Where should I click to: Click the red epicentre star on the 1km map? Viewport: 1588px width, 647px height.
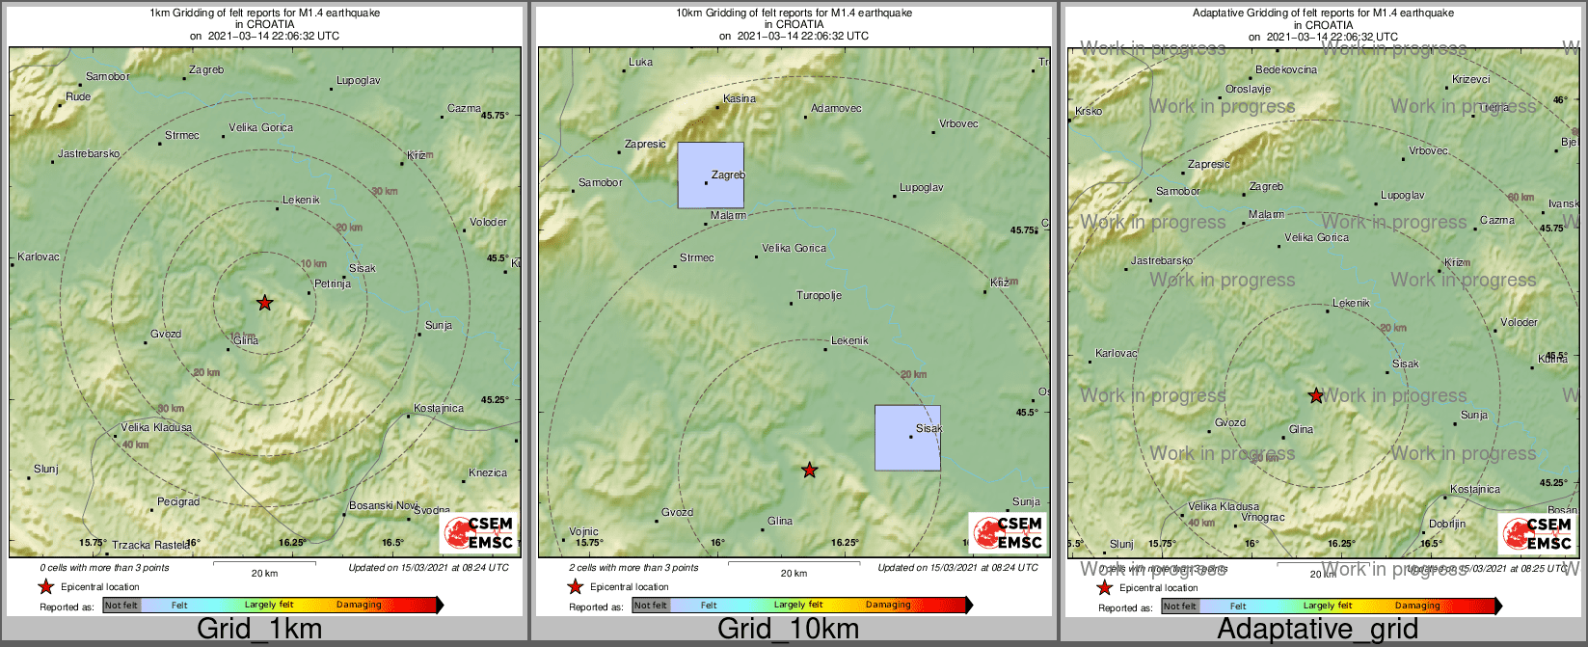(x=264, y=303)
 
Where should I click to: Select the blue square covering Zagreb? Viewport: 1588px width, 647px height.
(x=711, y=175)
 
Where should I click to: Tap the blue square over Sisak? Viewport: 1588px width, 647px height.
(x=907, y=438)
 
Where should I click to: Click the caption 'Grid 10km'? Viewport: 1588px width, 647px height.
(x=788, y=630)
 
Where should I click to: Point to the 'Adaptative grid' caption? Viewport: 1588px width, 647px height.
(x=1317, y=630)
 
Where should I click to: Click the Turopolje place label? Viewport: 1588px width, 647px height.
(x=819, y=295)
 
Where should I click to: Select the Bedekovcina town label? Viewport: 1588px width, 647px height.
(x=1285, y=70)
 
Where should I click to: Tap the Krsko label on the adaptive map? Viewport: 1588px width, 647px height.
(x=1088, y=112)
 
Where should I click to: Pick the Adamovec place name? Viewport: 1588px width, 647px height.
(x=836, y=108)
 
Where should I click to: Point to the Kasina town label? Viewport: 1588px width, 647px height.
(x=740, y=98)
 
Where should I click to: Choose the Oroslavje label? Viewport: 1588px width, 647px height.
(x=1248, y=89)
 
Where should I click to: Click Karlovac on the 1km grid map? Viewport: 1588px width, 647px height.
(x=39, y=257)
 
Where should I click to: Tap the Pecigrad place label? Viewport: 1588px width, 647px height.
(x=178, y=502)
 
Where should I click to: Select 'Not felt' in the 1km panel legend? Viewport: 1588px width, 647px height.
(x=121, y=606)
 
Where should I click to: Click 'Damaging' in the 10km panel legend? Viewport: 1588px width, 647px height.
(x=888, y=606)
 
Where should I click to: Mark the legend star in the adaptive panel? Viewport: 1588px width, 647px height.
(x=1104, y=587)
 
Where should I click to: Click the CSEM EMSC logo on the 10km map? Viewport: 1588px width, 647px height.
(x=1007, y=532)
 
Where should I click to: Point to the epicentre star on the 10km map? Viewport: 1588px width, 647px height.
(x=810, y=471)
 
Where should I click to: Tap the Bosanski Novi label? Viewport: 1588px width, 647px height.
(x=383, y=506)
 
